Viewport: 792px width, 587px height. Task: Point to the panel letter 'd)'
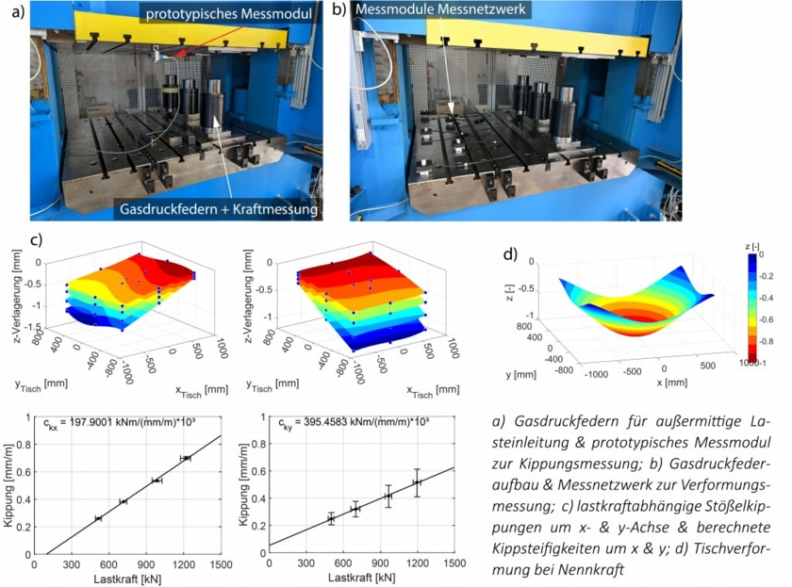pyautogui.click(x=509, y=253)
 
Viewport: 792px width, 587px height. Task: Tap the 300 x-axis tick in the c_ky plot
pyautogui.click(x=306, y=563)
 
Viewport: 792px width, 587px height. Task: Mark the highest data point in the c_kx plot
pyautogui.click(x=186, y=458)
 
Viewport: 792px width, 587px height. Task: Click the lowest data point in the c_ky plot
pyautogui.click(x=331, y=518)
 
